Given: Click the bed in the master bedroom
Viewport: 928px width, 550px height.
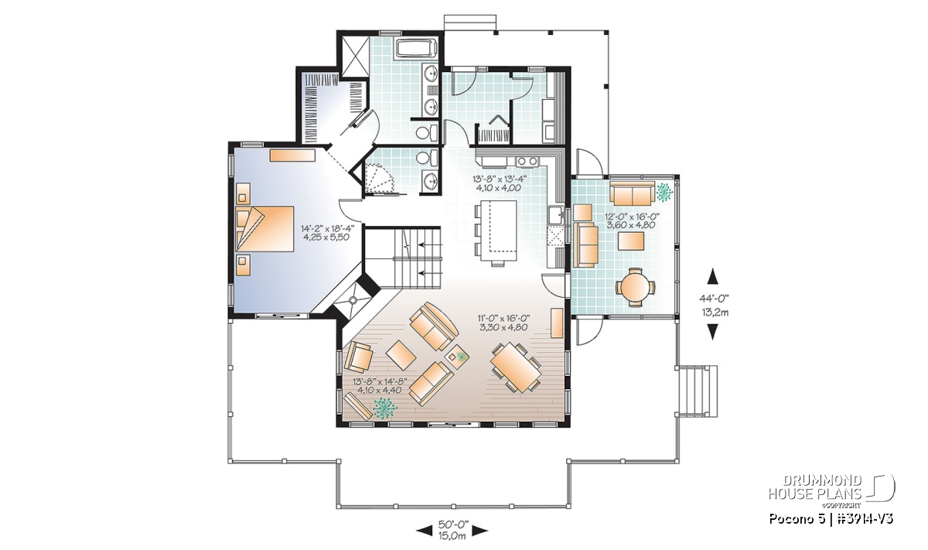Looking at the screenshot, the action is click(x=264, y=228).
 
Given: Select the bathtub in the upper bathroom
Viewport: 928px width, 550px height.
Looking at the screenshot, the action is click(x=416, y=48).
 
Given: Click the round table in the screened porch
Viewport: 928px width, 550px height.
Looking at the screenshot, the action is click(x=635, y=287).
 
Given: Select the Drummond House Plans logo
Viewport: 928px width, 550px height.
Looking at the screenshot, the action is click(x=831, y=492).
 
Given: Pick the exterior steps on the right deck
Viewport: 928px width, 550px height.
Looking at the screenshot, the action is click(x=698, y=391).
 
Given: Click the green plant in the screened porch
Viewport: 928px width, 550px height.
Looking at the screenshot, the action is click(x=664, y=193).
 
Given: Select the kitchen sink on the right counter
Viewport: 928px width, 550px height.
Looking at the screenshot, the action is click(x=554, y=215).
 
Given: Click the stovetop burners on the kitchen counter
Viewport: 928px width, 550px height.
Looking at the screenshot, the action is click(x=527, y=161).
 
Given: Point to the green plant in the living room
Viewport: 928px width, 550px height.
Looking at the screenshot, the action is click(x=385, y=408).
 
